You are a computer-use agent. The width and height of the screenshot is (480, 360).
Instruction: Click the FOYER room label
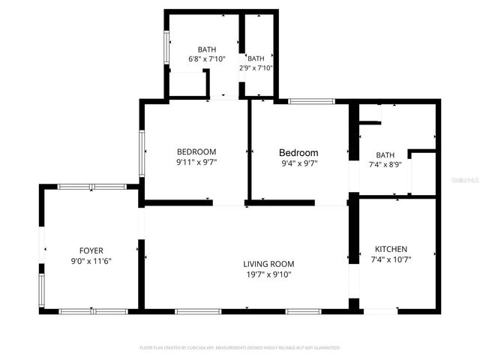pyautogui.click(x=91, y=250)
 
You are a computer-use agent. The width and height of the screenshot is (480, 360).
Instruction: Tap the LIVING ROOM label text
pyautogui.click(x=268, y=264)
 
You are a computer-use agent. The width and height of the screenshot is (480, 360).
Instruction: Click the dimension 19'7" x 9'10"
pyautogui.click(x=268, y=274)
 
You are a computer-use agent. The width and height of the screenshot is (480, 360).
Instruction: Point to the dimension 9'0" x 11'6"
pyautogui.click(x=91, y=261)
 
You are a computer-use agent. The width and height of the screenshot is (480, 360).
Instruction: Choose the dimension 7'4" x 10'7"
pyautogui.click(x=391, y=259)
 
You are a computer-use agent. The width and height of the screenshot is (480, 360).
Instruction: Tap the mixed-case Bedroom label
pyautogui.click(x=298, y=152)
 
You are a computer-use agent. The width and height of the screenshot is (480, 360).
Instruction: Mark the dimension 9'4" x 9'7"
pyautogui.click(x=298, y=163)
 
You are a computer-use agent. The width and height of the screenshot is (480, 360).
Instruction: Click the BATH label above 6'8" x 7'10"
pyautogui.click(x=206, y=49)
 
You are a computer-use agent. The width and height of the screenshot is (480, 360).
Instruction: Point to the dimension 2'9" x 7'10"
pyautogui.click(x=256, y=67)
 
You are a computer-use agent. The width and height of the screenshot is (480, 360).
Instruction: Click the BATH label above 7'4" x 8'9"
pyautogui.click(x=385, y=154)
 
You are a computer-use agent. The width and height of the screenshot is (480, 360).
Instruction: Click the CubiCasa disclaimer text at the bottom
pyautogui.click(x=240, y=348)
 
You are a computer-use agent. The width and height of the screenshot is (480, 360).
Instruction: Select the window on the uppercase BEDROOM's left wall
pyautogui.click(x=142, y=154)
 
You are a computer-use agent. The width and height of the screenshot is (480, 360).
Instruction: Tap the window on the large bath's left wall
pyautogui.click(x=166, y=49)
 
